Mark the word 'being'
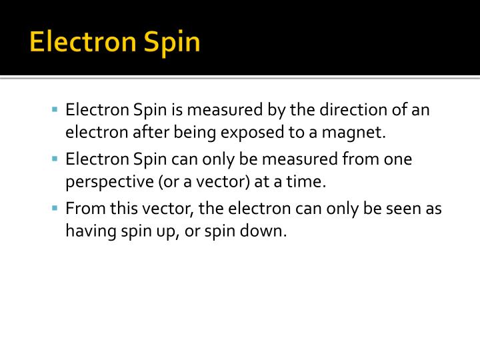pyautogui.click(x=194, y=132)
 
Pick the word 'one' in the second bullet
pyautogui.click(x=398, y=159)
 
